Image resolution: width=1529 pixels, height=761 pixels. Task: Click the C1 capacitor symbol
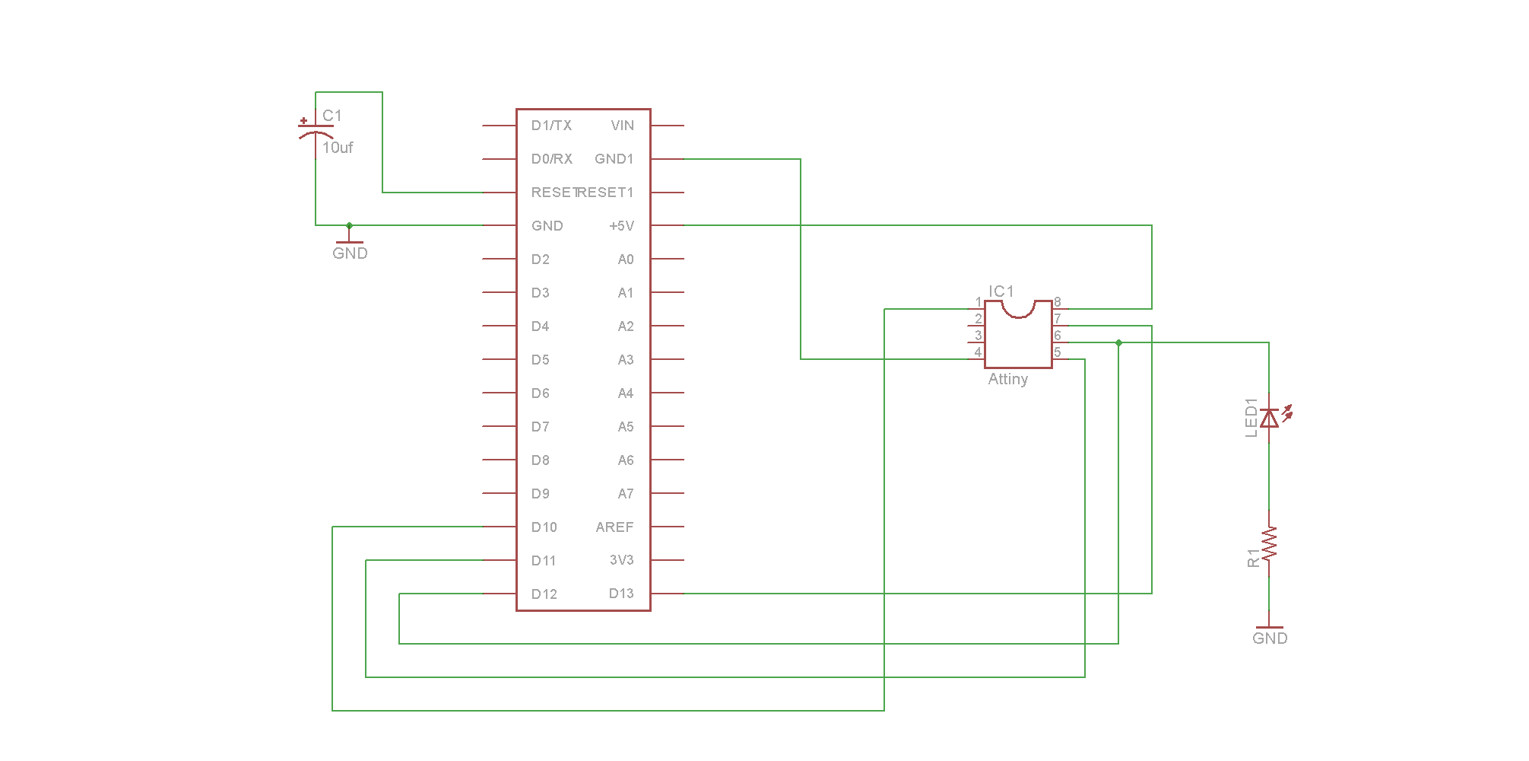(315, 129)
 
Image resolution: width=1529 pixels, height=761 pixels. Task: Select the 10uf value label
(338, 148)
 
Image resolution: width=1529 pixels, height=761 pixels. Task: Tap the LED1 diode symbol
(1269, 418)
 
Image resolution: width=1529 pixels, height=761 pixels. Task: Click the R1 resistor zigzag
(1269, 543)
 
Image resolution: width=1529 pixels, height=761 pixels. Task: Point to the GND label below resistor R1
(1270, 638)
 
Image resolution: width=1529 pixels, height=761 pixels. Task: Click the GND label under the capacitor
(350, 253)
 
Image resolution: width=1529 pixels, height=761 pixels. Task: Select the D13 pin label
(621, 594)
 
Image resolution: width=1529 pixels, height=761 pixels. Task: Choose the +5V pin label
(621, 226)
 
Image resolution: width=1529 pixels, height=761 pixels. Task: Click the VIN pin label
(622, 126)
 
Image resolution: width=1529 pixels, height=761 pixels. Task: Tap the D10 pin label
(544, 527)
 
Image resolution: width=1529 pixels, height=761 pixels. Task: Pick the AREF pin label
(614, 527)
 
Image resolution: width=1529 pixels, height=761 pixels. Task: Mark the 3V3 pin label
(621, 560)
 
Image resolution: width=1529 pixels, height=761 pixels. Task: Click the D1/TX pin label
(551, 126)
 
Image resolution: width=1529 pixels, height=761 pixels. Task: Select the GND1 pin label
(614, 159)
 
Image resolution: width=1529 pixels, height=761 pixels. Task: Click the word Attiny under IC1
(1007, 379)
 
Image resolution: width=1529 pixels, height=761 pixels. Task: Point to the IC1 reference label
(1001, 291)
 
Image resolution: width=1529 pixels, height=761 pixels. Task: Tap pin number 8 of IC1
(1057, 302)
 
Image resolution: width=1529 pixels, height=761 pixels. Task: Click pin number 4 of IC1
(978, 352)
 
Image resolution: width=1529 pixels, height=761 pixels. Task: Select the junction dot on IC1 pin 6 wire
(1118, 342)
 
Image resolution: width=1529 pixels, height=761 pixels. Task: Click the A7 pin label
(625, 494)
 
